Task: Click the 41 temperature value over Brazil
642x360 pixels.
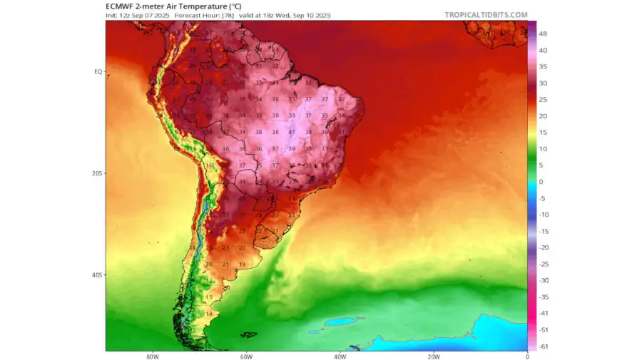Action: pos(292,132)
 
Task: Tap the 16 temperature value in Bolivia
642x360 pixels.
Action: pos(209,165)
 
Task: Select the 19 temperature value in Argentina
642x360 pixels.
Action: pos(243,264)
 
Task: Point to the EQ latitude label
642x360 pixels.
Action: pos(98,72)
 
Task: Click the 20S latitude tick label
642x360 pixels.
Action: pos(97,173)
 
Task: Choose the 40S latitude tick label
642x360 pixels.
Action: pos(97,275)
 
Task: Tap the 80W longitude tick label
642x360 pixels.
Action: pos(152,356)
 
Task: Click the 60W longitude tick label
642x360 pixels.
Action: pos(245,356)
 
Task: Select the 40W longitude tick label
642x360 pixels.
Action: pos(340,356)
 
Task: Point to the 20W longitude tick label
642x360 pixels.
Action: pos(433,356)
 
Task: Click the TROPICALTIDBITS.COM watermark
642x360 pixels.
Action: pos(486,14)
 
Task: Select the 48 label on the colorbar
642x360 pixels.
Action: pos(543,34)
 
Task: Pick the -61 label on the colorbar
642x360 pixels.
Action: pos(543,346)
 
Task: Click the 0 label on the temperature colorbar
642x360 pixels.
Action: pos(541,182)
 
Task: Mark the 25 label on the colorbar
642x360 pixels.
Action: pos(543,99)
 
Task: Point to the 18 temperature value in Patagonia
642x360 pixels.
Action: pos(209,314)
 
